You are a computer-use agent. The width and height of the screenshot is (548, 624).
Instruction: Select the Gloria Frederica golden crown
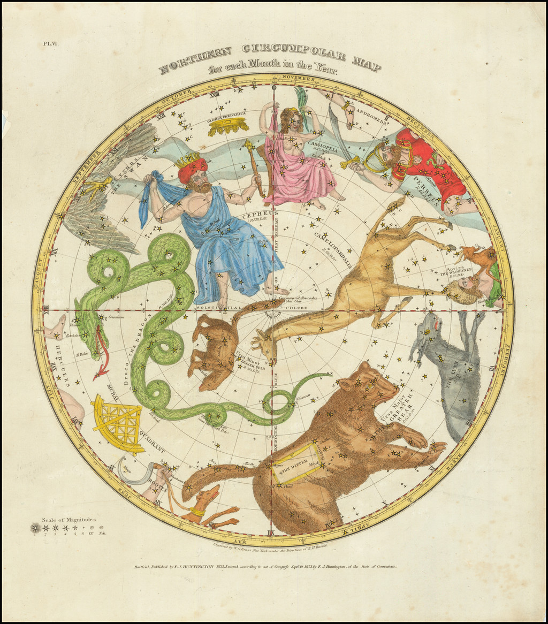tap(229, 126)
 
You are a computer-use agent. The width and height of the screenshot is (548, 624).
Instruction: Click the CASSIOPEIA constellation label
tap(323, 150)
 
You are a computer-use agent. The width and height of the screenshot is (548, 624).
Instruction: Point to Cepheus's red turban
tap(193, 167)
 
